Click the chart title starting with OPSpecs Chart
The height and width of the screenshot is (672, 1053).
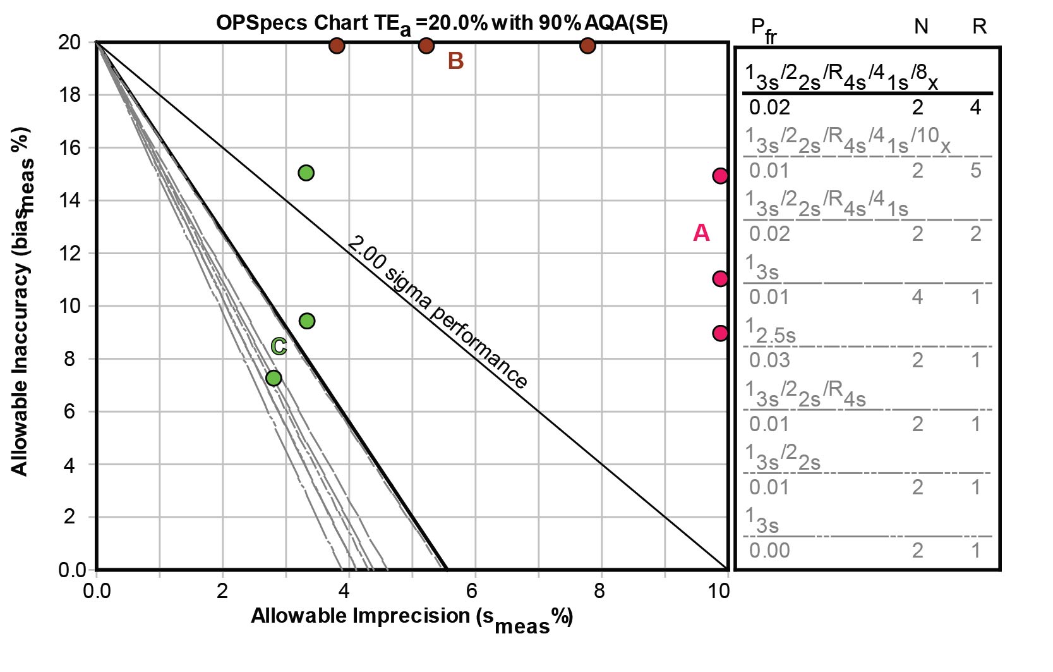pyautogui.click(x=442, y=23)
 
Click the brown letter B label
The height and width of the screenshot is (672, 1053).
pyautogui.click(x=455, y=61)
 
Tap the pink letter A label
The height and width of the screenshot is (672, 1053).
pyautogui.click(x=701, y=233)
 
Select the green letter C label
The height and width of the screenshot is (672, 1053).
pyautogui.click(x=279, y=346)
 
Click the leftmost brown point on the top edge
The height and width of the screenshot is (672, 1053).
pyautogui.click(x=337, y=46)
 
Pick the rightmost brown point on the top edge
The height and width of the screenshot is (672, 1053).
pyautogui.click(x=587, y=46)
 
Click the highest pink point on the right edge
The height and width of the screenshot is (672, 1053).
pyautogui.click(x=720, y=176)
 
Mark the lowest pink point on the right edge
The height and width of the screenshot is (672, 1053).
pyautogui.click(x=720, y=333)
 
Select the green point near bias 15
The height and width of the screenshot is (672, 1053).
pyautogui.click(x=306, y=173)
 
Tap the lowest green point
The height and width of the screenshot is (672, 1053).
pyautogui.click(x=274, y=378)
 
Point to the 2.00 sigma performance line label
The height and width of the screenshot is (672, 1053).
pyautogui.click(x=437, y=312)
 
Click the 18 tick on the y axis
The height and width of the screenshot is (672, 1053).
pyautogui.click(x=69, y=95)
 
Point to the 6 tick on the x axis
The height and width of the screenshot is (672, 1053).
pyautogui.click(x=472, y=591)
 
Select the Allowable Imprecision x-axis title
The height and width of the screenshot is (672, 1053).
pyautogui.click(x=411, y=618)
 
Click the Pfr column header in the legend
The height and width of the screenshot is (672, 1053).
pyautogui.click(x=763, y=30)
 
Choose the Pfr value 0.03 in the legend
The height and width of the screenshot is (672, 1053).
pyautogui.click(x=769, y=360)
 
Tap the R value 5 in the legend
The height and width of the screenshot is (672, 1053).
pyautogui.click(x=975, y=171)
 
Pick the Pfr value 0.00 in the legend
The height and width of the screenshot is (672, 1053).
pyautogui.click(x=769, y=551)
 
